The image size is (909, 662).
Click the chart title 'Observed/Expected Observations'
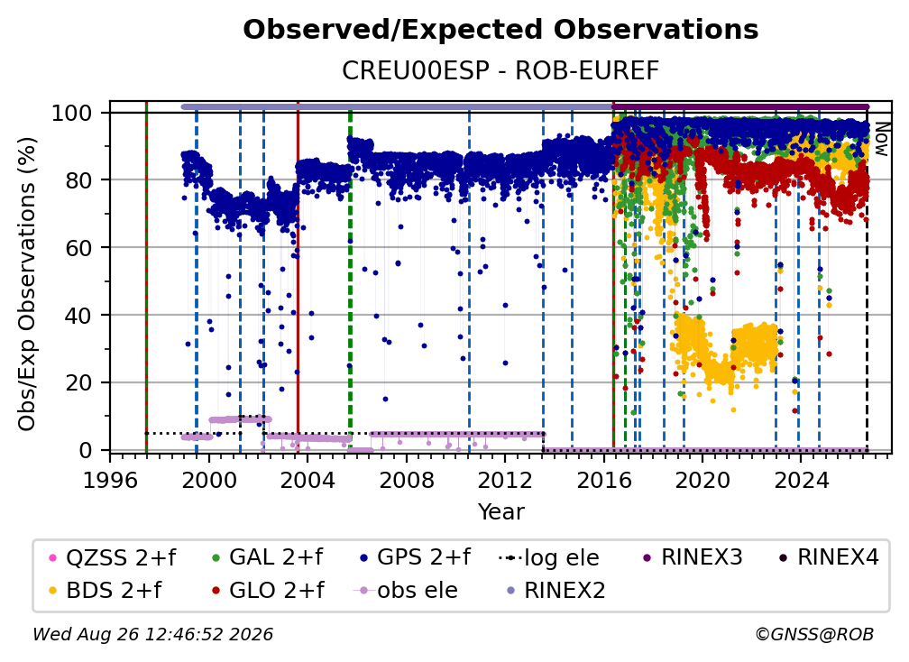pyautogui.click(x=500, y=30)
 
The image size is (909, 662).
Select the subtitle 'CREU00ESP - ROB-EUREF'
pyautogui.click(x=500, y=70)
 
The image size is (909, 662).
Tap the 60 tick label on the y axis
pyautogui.click(x=78, y=247)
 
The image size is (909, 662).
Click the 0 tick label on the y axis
pyautogui.click(x=86, y=450)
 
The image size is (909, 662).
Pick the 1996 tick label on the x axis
pyautogui.click(x=110, y=481)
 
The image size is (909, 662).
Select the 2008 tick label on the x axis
pyautogui.click(x=407, y=481)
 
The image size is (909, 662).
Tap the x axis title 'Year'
pyautogui.click(x=500, y=512)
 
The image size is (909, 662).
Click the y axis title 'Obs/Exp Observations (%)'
pyautogui.click(x=27, y=284)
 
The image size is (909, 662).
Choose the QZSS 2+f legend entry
pyautogui.click(x=113, y=557)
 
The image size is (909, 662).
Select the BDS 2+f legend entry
pyautogui.click(x=105, y=591)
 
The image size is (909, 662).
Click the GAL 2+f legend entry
pyautogui.click(x=267, y=557)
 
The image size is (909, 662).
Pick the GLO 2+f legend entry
pyautogui.click(x=268, y=591)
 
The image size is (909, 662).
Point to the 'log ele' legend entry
pyautogui.click(x=548, y=558)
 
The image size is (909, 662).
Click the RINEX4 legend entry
pyautogui.click(x=829, y=557)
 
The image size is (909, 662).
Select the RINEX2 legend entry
pyautogui.click(x=555, y=591)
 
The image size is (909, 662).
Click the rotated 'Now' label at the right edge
pyautogui.click(x=881, y=139)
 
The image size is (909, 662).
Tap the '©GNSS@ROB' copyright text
pyautogui.click(x=814, y=635)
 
